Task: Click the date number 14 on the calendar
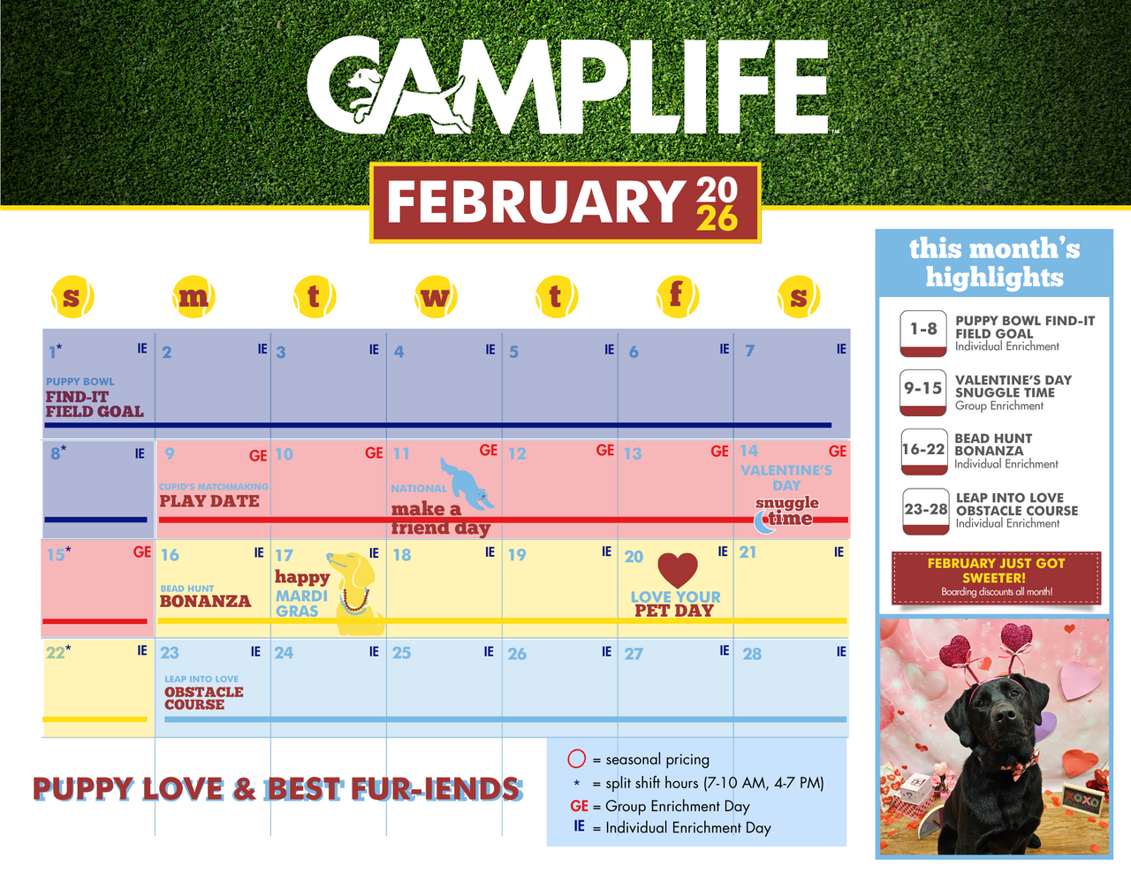749,451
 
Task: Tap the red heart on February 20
677,569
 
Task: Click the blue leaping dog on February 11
467,483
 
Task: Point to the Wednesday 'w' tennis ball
436,297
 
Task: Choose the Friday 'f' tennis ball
677,297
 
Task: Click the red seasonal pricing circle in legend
576,758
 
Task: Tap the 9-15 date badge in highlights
922,392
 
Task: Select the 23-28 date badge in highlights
925,511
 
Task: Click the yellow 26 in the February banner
717,218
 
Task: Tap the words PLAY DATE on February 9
209,501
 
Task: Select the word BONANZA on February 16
205,601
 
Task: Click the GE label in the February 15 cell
142,552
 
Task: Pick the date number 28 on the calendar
752,654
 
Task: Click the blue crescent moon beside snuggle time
763,522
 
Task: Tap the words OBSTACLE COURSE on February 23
203,698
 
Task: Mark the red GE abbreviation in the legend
579,806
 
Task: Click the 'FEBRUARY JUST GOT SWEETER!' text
996,571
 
